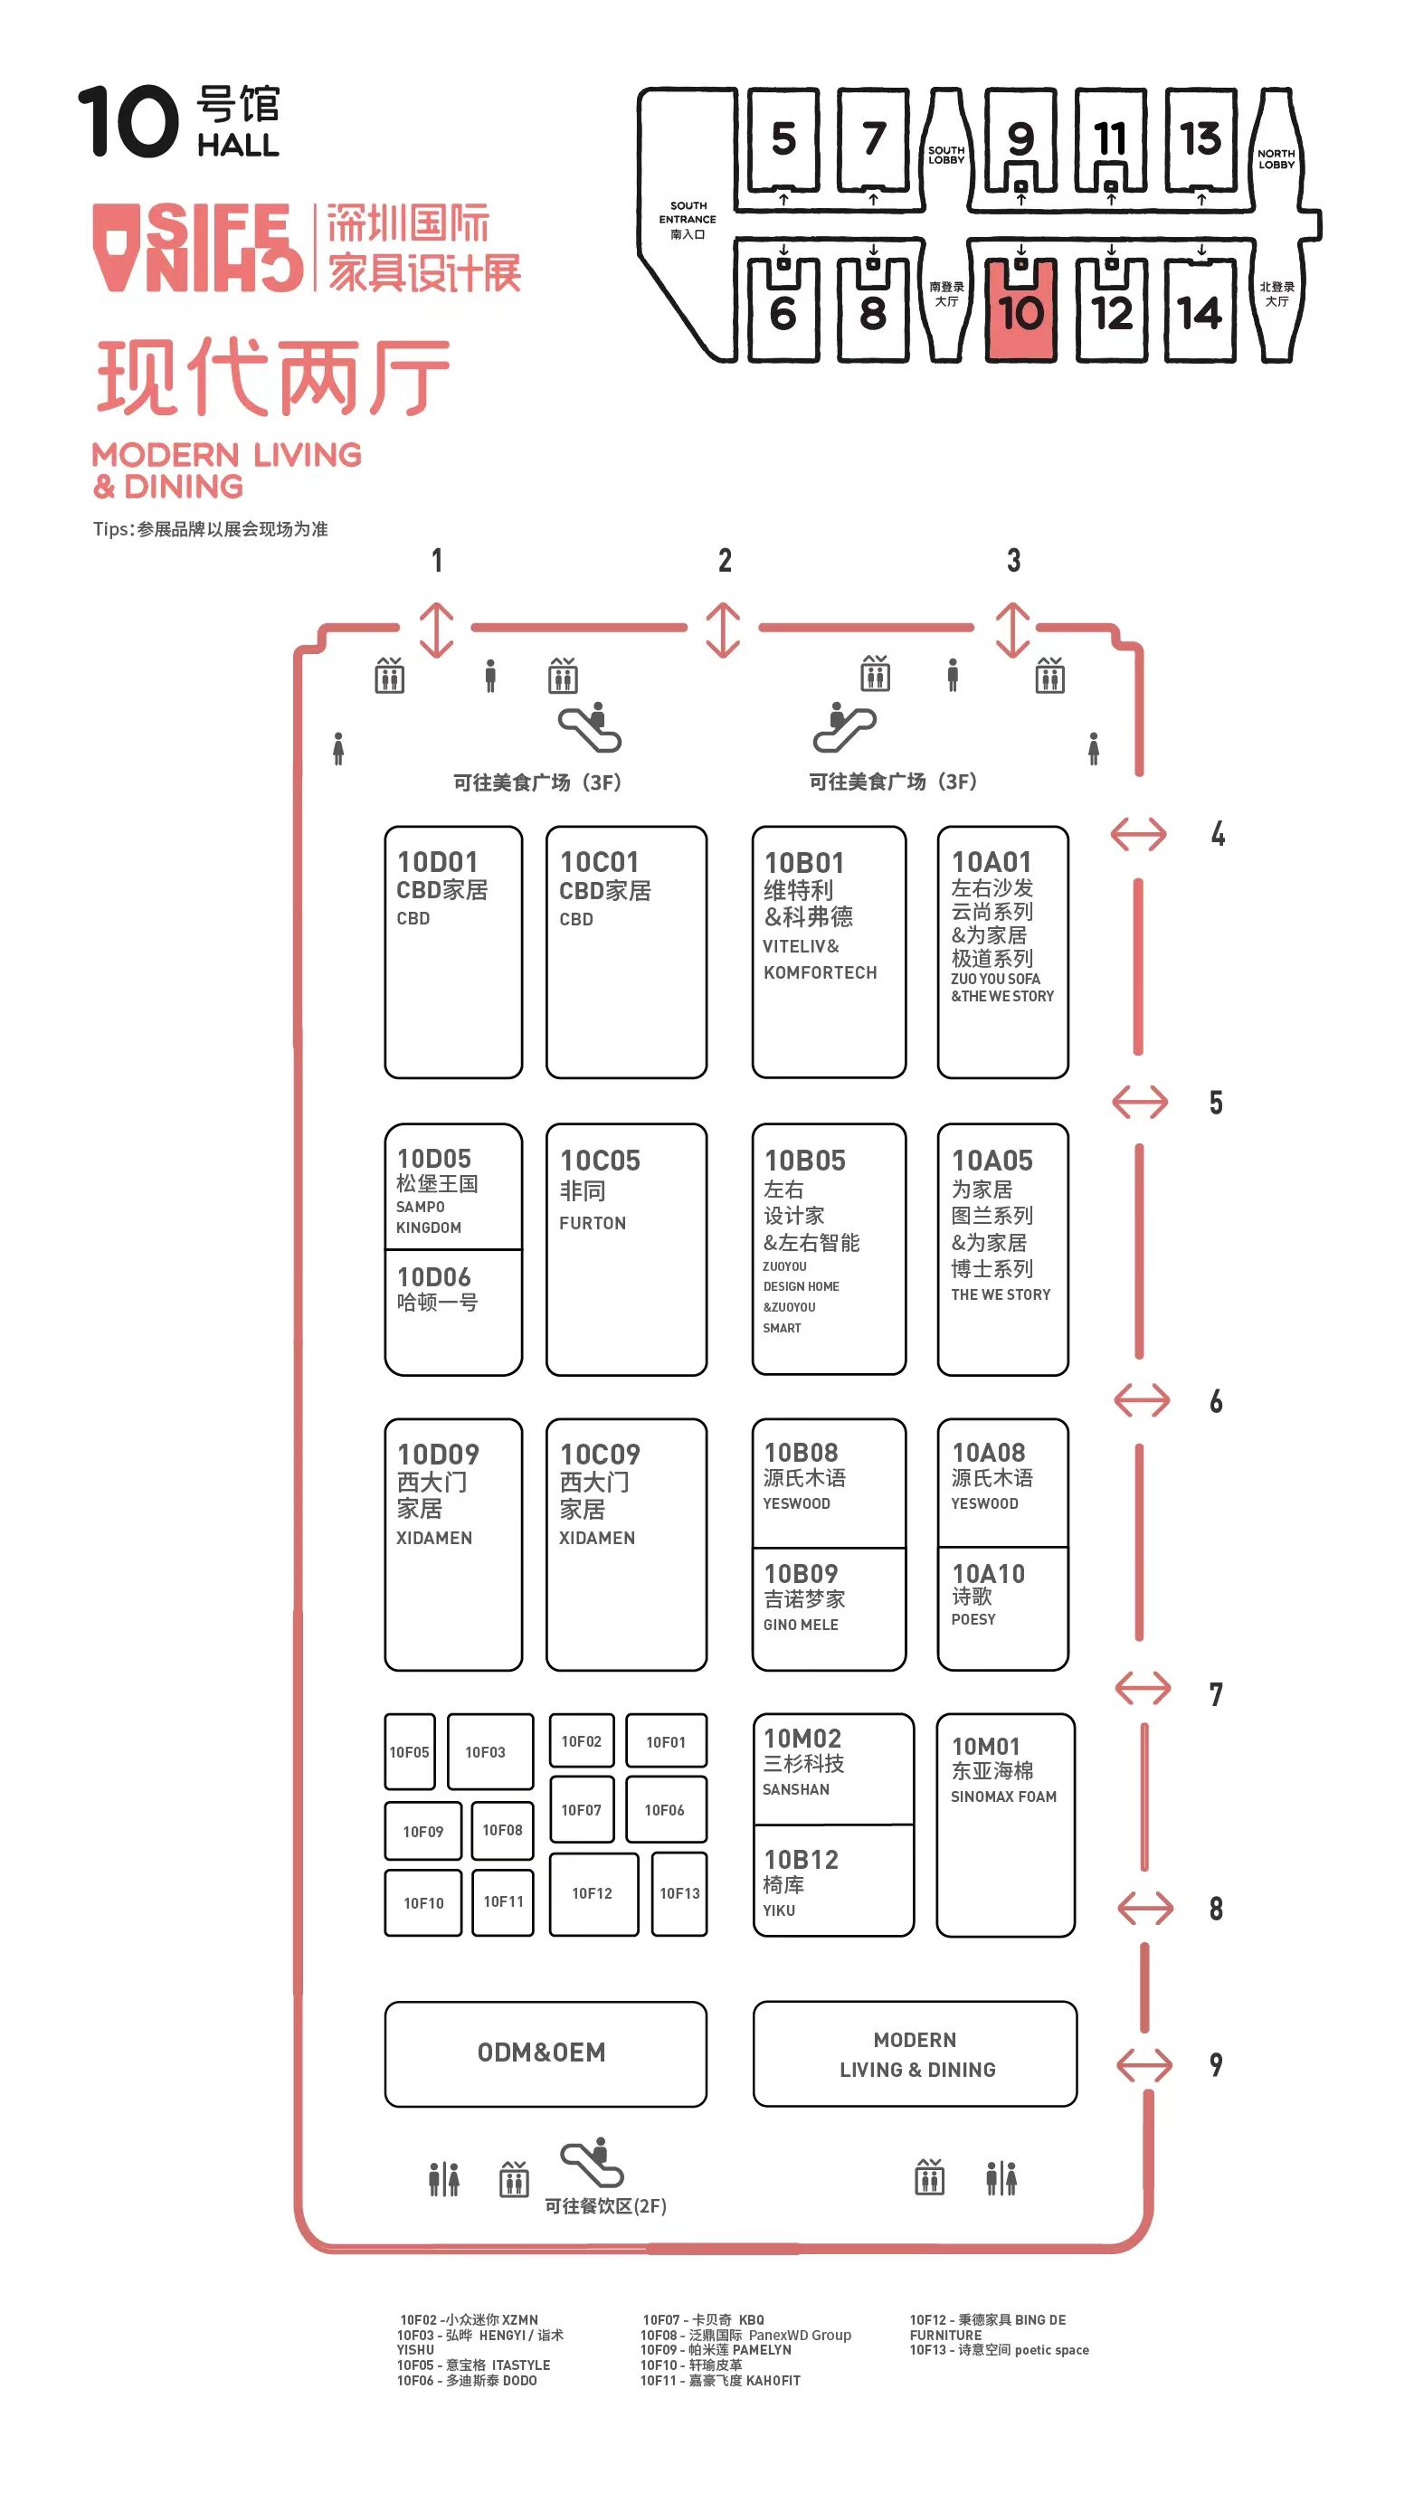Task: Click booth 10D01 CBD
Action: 453,952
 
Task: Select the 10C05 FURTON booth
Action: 626,1249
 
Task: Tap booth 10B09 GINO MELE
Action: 830,1608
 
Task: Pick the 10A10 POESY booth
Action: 1003,1608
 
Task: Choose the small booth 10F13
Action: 679,1893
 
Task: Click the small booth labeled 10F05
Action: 410,1751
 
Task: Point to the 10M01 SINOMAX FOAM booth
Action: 1005,1825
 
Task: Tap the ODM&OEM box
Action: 546,2053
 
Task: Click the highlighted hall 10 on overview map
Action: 1020,309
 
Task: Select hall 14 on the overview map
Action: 1200,309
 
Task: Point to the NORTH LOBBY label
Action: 1276,159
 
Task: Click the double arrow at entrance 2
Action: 724,629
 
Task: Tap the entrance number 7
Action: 1216,1694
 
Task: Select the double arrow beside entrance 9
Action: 1145,2065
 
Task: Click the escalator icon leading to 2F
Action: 592,2162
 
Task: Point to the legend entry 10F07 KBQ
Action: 703,2319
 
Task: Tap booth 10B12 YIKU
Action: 833,1881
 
